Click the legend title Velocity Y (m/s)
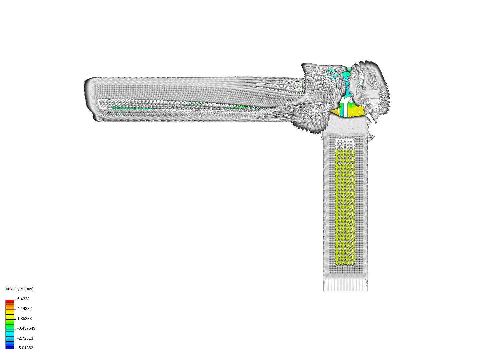coord(19,289)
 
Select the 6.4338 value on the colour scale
coord(23,299)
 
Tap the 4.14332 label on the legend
coord(24,309)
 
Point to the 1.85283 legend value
coord(24,319)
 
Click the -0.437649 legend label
coord(26,328)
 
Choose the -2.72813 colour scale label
coord(25,338)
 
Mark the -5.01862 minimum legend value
coord(25,348)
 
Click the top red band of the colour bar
coord(10,301)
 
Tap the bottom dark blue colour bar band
coord(10,347)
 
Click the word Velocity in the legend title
coord(12,289)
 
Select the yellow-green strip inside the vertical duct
coord(345,207)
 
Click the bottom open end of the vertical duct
coord(345,285)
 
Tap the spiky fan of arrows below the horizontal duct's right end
coord(310,120)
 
